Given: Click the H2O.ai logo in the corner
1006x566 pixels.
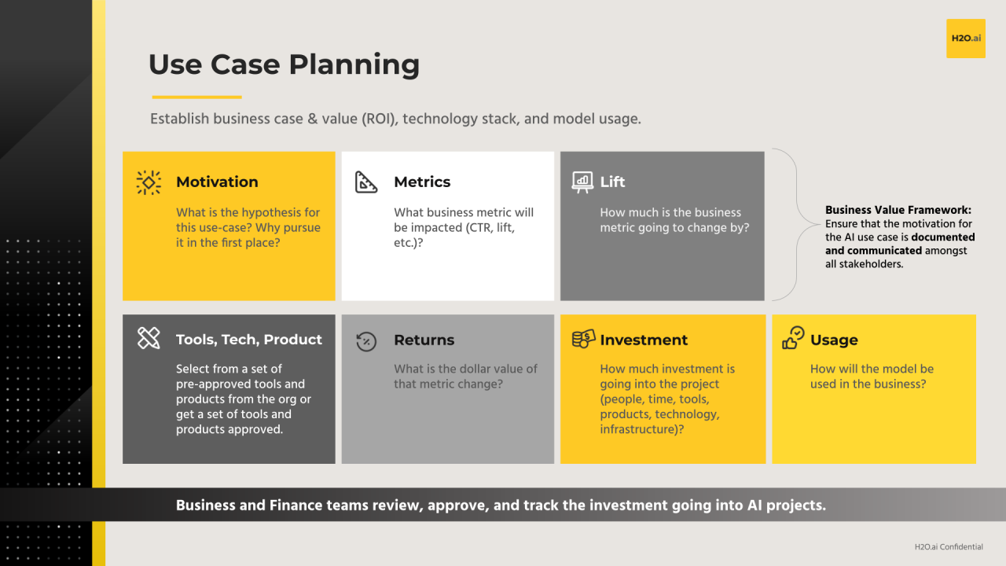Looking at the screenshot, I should click(965, 39).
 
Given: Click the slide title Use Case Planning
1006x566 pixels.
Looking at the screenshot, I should click(284, 64).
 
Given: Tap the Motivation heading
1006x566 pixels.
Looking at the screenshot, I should click(217, 182).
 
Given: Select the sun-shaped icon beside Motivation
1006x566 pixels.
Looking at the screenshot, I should click(149, 182).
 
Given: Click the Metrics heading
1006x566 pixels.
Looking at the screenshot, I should click(422, 182).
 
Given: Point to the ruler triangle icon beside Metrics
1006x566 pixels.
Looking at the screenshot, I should click(366, 182).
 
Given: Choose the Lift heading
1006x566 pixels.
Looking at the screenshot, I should click(612, 182).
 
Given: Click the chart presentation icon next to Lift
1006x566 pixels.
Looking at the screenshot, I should click(582, 182).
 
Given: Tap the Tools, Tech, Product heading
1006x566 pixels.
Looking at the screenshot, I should click(249, 340).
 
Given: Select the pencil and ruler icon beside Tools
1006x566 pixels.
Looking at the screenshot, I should click(149, 339).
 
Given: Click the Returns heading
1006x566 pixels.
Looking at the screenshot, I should click(424, 340).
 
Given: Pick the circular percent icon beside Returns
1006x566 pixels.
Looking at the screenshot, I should click(366, 340).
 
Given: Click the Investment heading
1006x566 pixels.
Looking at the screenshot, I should click(644, 340).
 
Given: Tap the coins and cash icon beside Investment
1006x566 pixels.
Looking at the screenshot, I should click(583, 339).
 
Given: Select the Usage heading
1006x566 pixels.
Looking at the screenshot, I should click(834, 340).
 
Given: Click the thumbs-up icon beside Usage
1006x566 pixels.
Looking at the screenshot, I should click(793, 338).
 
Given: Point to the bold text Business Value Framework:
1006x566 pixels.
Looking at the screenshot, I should click(898, 210).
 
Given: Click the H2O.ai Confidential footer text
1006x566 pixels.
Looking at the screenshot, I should click(949, 546).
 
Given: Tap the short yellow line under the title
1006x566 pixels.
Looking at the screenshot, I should click(196, 97).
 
